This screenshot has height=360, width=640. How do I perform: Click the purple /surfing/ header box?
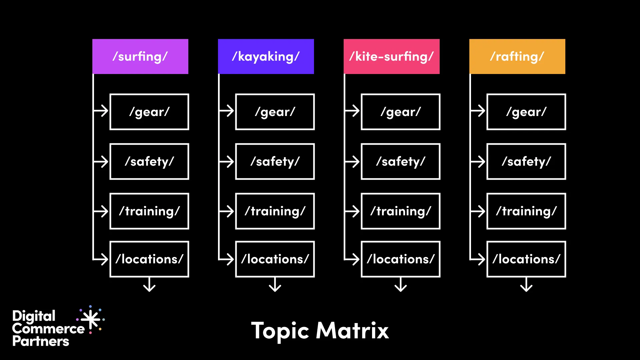pyautogui.click(x=140, y=56)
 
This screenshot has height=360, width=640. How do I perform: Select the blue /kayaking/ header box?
pyautogui.click(x=266, y=56)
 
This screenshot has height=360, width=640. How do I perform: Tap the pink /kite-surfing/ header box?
pyautogui.click(x=391, y=56)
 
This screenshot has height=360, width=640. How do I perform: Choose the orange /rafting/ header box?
pyautogui.click(x=517, y=56)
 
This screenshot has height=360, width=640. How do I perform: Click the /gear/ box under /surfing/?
pyautogui.click(x=149, y=112)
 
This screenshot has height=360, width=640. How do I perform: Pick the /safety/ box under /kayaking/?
pyautogui.click(x=275, y=161)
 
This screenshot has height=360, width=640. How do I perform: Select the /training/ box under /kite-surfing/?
pyautogui.click(x=401, y=211)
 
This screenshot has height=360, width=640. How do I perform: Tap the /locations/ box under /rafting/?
pyautogui.click(x=526, y=259)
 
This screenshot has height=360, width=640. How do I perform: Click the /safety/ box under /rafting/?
pyautogui.click(x=526, y=161)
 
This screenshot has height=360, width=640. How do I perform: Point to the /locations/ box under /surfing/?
pyautogui.click(x=149, y=259)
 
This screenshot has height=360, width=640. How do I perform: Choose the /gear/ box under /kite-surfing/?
pyautogui.click(x=401, y=112)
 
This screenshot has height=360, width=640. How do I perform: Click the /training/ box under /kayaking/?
pyautogui.click(x=275, y=211)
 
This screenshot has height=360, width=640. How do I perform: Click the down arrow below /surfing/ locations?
pyautogui.click(x=149, y=285)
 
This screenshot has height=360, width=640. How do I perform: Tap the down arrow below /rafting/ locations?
pyautogui.click(x=526, y=285)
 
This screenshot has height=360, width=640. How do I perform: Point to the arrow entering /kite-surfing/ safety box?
pyautogui.click(x=353, y=162)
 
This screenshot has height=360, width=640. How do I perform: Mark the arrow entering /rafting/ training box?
pyautogui.click(x=478, y=211)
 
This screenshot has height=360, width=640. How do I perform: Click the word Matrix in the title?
pyautogui.click(x=352, y=331)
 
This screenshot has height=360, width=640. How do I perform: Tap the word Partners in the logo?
pyautogui.click(x=41, y=341)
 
